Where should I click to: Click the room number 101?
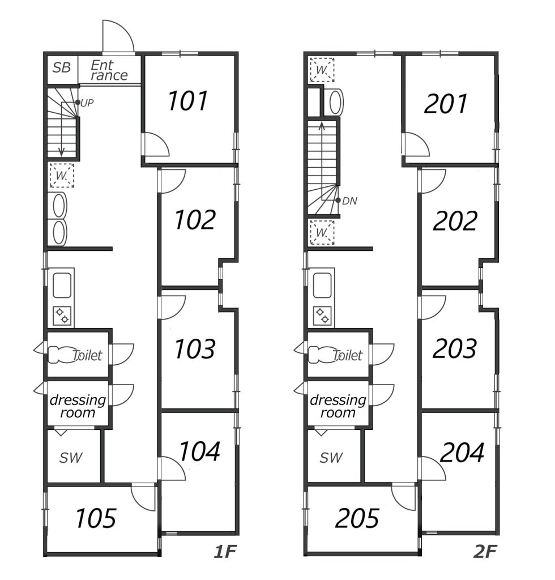(x=187, y=101)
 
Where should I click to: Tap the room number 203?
(x=454, y=349)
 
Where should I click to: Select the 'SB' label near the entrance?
(x=61, y=68)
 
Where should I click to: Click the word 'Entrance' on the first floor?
(x=109, y=70)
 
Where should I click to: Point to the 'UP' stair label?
(x=87, y=103)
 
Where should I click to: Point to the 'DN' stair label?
(x=349, y=201)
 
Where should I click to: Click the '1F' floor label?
(x=225, y=552)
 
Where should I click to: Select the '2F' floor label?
(x=485, y=552)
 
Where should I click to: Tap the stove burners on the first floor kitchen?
(x=62, y=316)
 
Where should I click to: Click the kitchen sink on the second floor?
(x=322, y=285)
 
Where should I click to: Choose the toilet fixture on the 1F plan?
(x=58, y=355)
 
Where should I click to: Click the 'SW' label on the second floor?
(x=331, y=458)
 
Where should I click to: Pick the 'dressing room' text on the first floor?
(x=78, y=406)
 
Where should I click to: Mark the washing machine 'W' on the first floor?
(x=61, y=176)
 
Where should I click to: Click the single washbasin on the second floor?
(x=336, y=102)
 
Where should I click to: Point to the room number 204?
(x=462, y=453)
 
